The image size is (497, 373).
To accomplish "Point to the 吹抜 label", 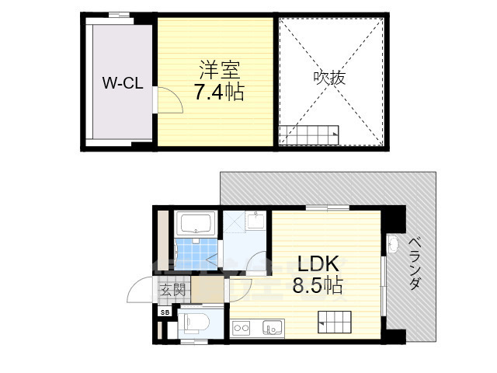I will [x=330, y=78].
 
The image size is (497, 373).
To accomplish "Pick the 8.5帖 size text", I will [x=317, y=285].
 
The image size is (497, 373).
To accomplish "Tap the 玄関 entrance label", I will [x=172, y=291].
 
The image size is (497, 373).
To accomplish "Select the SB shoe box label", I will [x=164, y=312].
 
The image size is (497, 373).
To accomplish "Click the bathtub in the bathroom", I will [x=197, y=225].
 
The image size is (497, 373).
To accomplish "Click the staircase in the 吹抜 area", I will [x=308, y=135].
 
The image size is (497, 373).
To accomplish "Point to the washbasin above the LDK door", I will [x=255, y=223].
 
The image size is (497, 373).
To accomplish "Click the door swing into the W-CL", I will [x=168, y=100].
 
